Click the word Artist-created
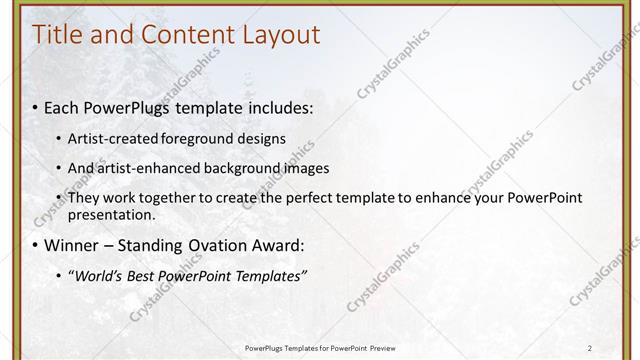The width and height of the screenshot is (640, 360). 114,138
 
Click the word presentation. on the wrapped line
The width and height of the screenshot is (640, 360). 111,214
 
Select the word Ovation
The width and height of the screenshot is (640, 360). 221,245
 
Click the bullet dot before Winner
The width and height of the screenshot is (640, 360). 36,246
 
